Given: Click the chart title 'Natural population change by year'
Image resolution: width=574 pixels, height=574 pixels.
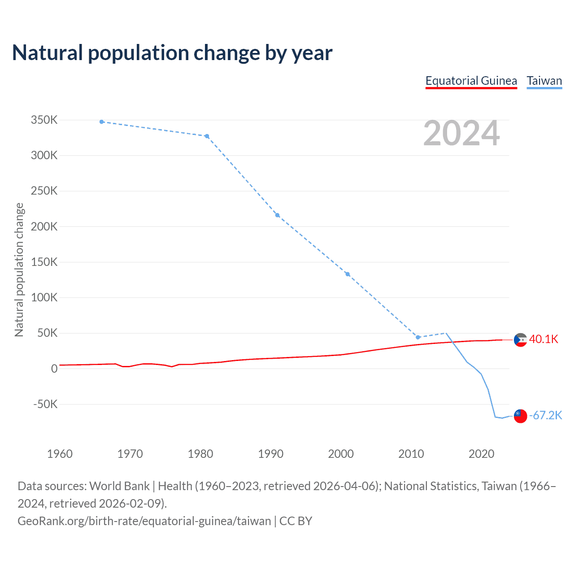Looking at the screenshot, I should point(172,53).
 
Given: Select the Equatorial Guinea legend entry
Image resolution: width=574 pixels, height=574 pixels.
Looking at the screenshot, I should point(471,81).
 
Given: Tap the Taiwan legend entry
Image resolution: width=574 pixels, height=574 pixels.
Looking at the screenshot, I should point(544,81).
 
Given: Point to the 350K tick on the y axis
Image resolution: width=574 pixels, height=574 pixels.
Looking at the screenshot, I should point(44,120).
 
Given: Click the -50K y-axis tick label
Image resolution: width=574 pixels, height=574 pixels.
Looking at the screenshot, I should point(45,404).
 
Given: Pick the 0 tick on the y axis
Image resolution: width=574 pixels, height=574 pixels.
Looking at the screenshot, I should point(54,369).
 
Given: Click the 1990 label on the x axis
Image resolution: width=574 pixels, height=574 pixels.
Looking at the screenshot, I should point(271,454).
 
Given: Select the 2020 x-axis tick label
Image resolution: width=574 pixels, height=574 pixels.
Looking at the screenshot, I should point(481,454).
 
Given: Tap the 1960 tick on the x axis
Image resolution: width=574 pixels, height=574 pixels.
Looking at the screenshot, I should point(60,454).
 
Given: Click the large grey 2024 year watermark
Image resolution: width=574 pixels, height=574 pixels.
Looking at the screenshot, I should point(461,133).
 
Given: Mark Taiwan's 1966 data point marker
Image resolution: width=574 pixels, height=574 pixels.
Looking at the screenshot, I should point(102,122).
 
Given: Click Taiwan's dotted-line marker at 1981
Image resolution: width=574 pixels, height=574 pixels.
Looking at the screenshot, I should point(207,136).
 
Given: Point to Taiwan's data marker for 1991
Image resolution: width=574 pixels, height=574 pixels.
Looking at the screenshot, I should point(278,215).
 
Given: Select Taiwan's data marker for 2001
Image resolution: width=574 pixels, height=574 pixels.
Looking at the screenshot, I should point(348,274).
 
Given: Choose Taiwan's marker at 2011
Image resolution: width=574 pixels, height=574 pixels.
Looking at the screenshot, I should point(418,337).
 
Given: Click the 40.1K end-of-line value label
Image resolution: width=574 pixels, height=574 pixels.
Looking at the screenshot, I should point(544,339).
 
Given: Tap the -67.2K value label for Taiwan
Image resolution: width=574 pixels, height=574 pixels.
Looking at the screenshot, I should point(545,416).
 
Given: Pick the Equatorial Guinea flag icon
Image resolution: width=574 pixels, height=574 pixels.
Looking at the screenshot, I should point(520,340).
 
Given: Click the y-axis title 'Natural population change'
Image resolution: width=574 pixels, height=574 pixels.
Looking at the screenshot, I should point(19,270).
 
